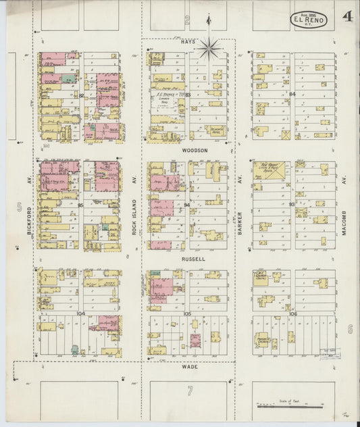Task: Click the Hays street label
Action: [188, 41]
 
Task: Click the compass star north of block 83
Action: [209, 47]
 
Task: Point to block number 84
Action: [292, 94]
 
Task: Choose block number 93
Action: [292, 204]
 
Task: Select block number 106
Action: [292, 314]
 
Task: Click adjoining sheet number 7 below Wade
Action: [190, 391]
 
